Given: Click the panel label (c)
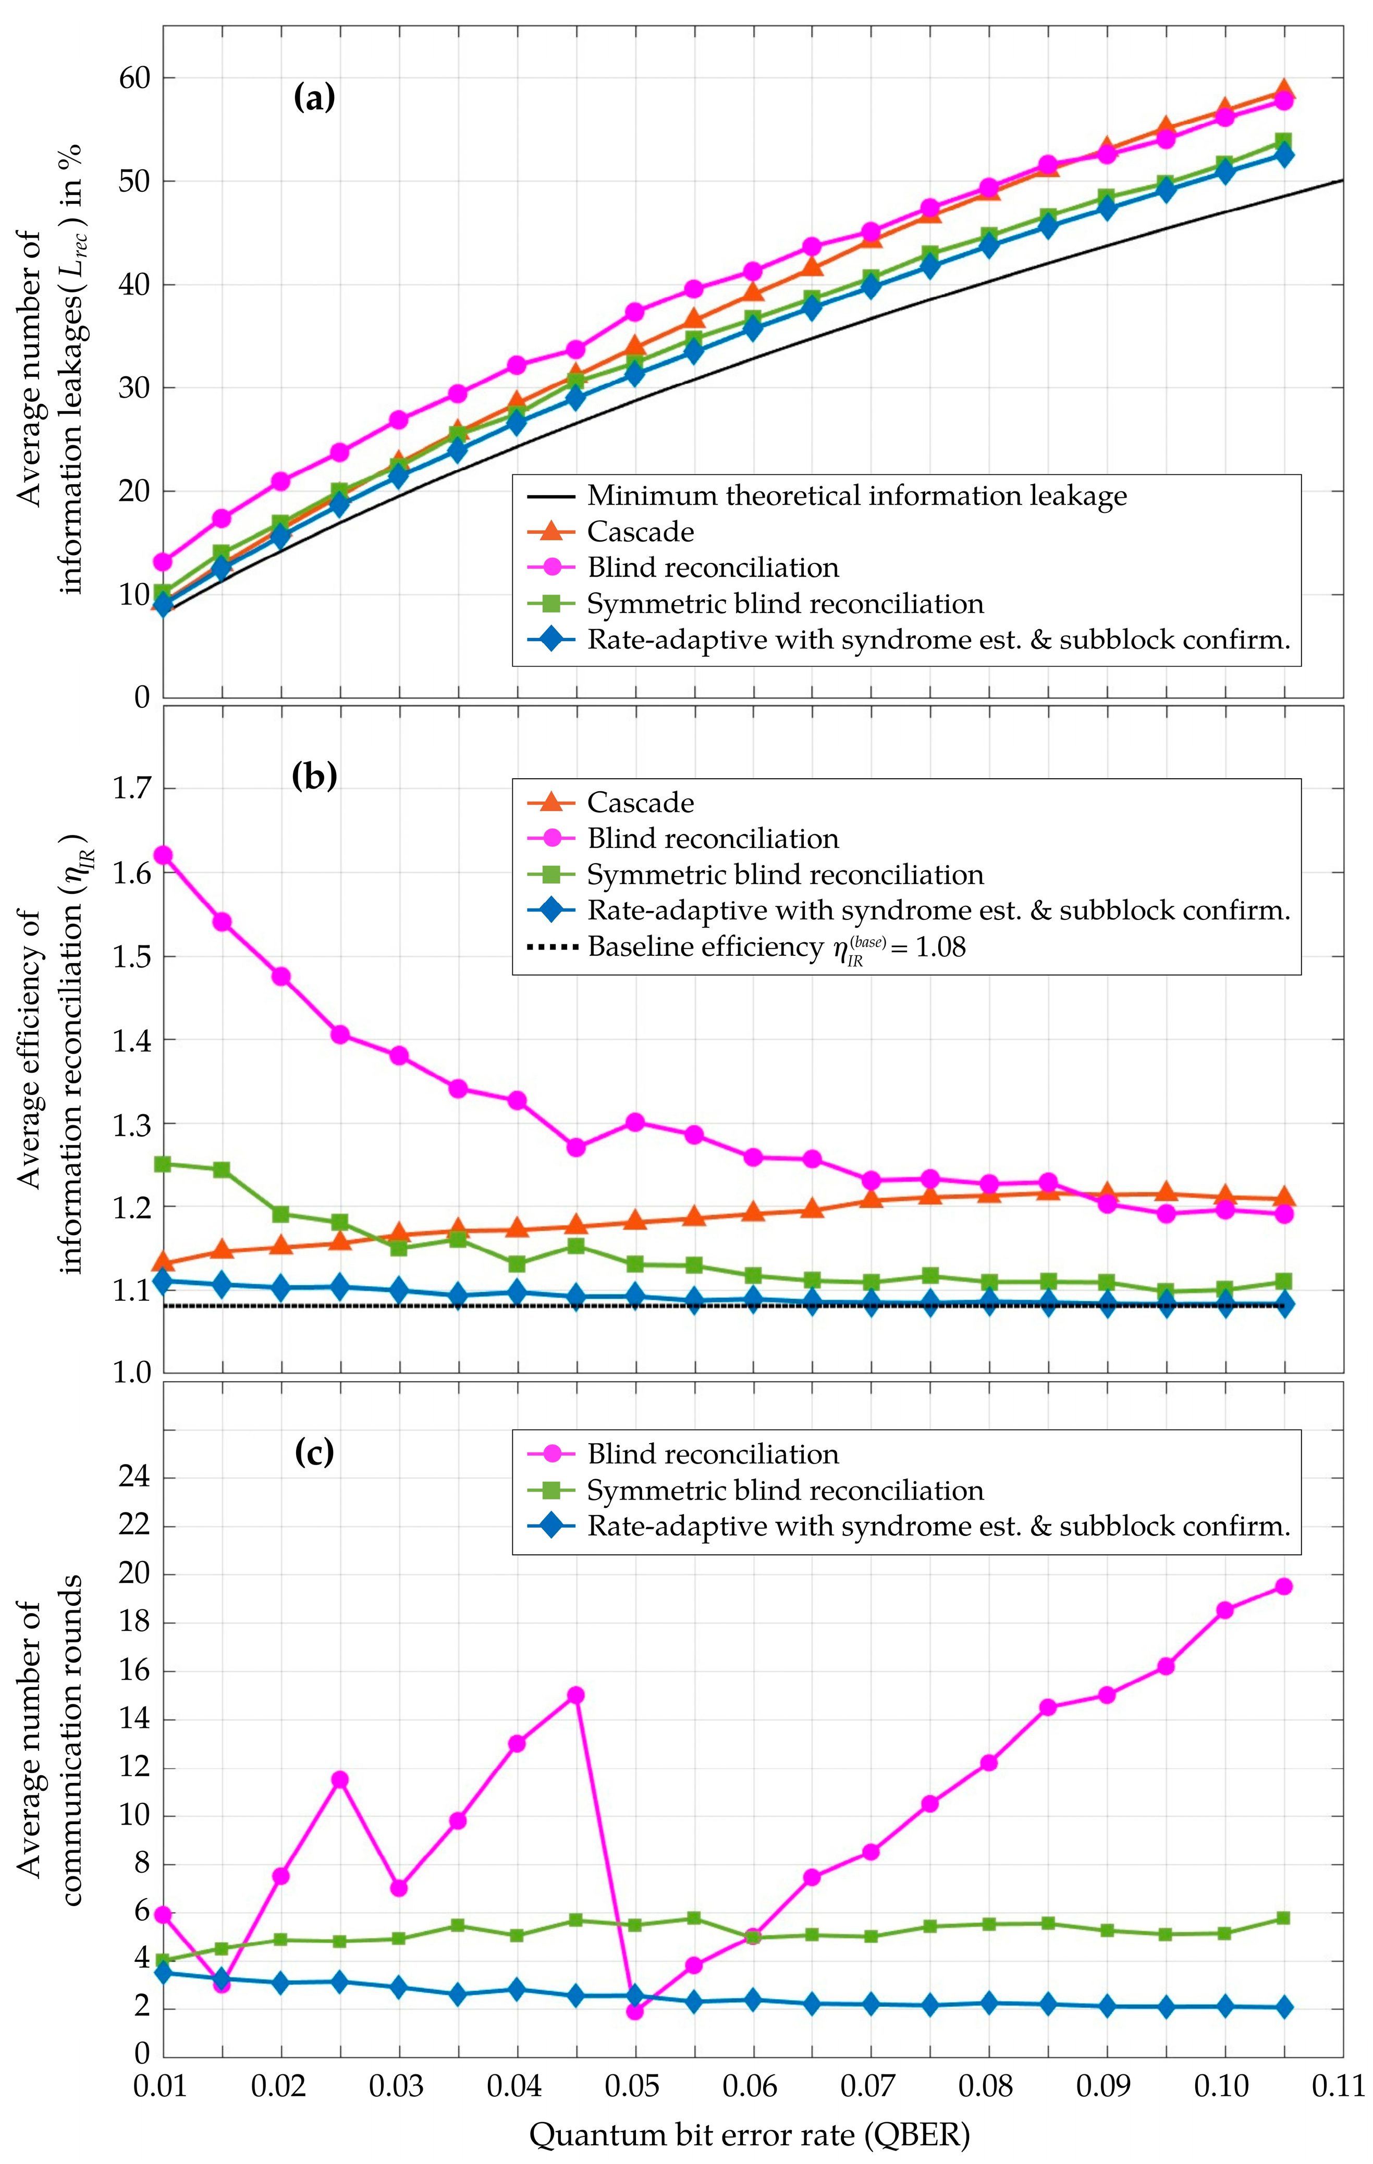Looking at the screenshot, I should click(x=314, y=1452).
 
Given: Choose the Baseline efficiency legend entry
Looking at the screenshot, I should click(x=776, y=946).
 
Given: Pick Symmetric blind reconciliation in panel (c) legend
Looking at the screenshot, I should click(x=784, y=1490).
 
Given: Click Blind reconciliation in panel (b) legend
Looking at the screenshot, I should click(x=713, y=839).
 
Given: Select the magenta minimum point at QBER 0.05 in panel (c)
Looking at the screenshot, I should click(x=634, y=2011).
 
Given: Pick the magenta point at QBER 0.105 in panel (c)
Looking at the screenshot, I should click(x=1284, y=1586).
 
